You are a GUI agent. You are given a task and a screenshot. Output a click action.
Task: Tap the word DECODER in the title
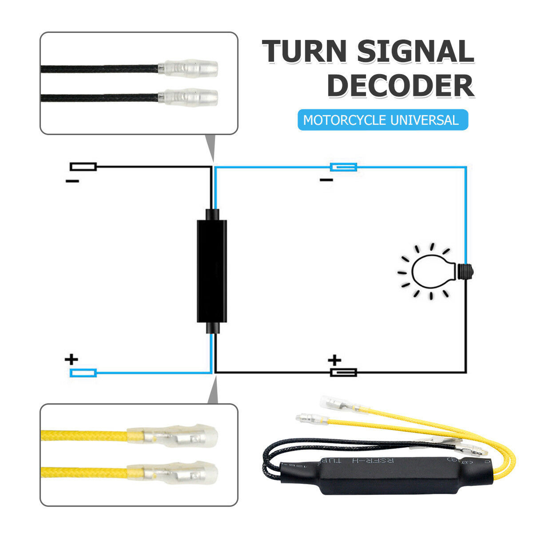pyautogui.click(x=400, y=86)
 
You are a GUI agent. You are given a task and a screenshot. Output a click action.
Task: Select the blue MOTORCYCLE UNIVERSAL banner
pyautogui.click(x=382, y=120)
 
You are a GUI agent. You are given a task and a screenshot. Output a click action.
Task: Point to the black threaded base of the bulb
pyautogui.click(x=465, y=271)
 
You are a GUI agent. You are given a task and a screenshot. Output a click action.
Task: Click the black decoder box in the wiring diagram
pyautogui.click(x=212, y=271)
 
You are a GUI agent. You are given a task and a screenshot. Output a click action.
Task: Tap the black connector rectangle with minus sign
pyautogui.click(x=83, y=167)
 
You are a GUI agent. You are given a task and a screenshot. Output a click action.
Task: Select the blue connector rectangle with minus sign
pyautogui.click(x=343, y=167)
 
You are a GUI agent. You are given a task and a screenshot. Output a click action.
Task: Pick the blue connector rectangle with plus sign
pyautogui.click(x=83, y=373)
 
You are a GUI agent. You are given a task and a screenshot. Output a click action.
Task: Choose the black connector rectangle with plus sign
pyautogui.click(x=343, y=372)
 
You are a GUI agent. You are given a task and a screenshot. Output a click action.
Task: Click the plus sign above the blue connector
pyautogui.click(x=71, y=359)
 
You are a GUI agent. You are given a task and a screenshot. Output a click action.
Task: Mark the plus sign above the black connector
pyautogui.click(x=334, y=360)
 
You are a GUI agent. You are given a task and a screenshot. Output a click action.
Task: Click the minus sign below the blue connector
pyautogui.click(x=326, y=180)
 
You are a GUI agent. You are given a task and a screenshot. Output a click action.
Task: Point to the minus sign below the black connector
pyautogui.click(x=72, y=181)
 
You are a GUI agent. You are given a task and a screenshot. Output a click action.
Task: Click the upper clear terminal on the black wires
pyautogui.click(x=189, y=69)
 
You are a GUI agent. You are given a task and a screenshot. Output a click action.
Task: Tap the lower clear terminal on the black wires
pyautogui.click(x=189, y=97)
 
